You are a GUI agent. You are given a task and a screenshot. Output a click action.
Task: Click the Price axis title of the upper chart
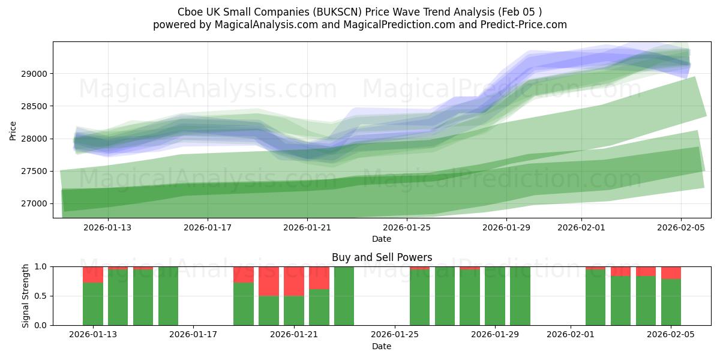click(13, 130)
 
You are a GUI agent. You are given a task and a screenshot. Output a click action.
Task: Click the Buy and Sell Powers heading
click(382, 257)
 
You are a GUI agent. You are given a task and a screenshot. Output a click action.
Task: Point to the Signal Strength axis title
click(25, 295)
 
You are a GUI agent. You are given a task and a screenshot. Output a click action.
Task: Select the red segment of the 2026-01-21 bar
click(294, 281)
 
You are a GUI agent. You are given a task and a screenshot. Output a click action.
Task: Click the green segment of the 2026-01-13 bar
click(93, 304)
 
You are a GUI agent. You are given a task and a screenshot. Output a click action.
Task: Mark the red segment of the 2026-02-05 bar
click(671, 272)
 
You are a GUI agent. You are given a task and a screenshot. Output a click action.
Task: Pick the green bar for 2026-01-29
click(495, 296)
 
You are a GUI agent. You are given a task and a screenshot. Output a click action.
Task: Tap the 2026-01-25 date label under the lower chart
click(395, 334)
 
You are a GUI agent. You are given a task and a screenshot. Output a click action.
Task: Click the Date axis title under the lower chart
click(382, 346)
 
